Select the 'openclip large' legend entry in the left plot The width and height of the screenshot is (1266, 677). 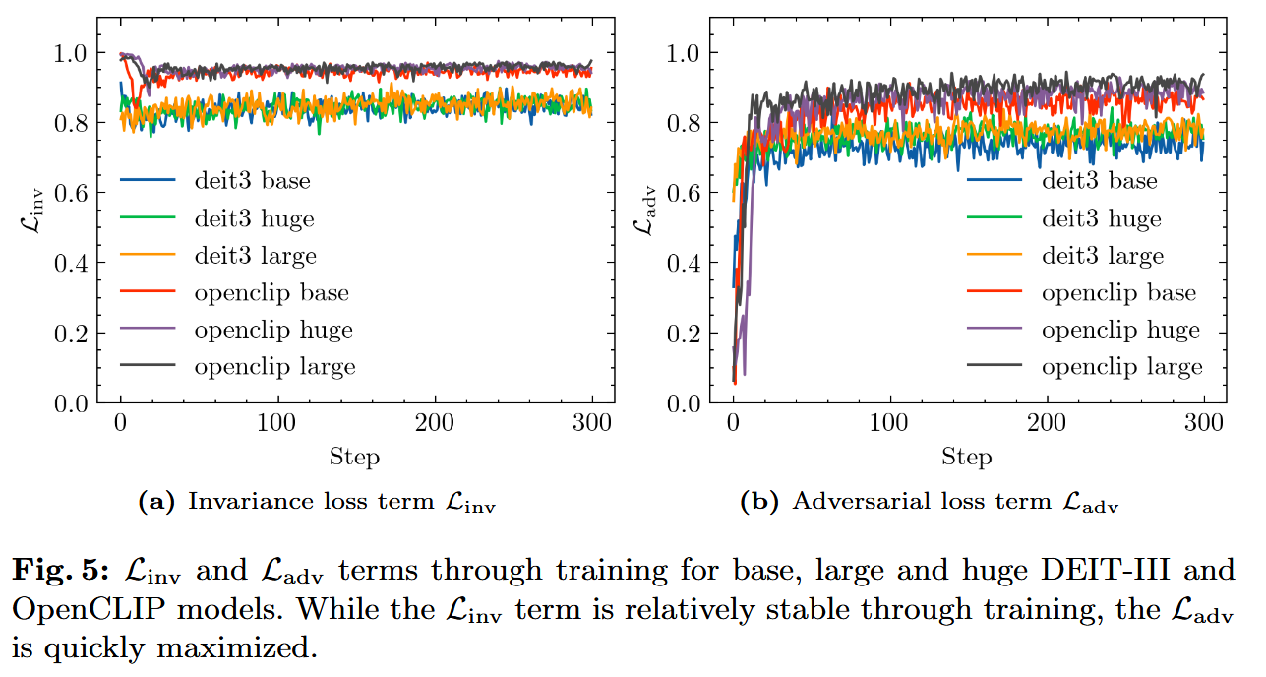coord(274,367)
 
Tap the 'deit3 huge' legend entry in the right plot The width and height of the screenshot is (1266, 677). coord(1101,218)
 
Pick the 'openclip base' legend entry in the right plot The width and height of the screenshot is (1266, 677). coord(1118,293)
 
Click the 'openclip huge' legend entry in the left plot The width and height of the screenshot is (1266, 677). coord(272,330)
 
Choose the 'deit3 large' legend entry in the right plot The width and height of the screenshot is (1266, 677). coord(1102,256)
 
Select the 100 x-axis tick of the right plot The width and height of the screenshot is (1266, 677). coord(889,424)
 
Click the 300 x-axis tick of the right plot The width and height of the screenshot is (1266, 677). coord(1203,424)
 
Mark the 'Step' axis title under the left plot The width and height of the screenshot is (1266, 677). coord(354,457)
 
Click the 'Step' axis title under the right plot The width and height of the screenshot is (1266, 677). coord(966,457)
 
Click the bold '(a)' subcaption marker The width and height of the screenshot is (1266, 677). coord(156,503)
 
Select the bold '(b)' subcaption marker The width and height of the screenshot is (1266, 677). coord(760,503)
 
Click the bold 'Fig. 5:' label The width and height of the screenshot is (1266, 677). coord(61,570)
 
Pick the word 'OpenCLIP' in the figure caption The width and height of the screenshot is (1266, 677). coord(78,609)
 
